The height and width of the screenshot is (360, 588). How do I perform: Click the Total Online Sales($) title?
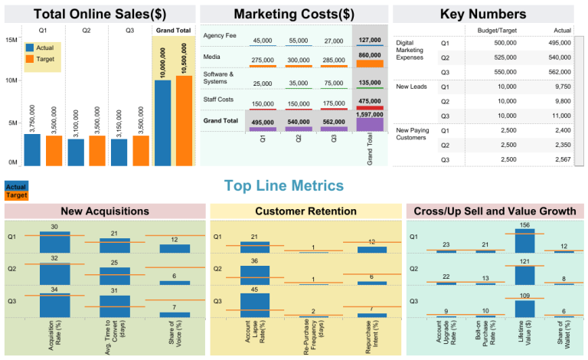(x=100, y=14)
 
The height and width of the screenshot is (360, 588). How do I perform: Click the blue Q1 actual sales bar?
(x=32, y=150)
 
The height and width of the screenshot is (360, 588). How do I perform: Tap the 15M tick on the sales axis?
(x=11, y=39)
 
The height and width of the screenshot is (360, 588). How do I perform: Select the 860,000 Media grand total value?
(x=370, y=55)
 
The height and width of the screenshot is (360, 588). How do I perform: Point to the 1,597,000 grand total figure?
(x=370, y=113)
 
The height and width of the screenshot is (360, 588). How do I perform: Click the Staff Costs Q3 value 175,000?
(x=334, y=103)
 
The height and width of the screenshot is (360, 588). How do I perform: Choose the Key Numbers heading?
(x=482, y=14)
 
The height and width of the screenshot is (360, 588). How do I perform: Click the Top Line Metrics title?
(x=284, y=185)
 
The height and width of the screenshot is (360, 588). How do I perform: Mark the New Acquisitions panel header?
(x=105, y=211)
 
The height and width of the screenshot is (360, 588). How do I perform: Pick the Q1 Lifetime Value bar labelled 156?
(x=525, y=241)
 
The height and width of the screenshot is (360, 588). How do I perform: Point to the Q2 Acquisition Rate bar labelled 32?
(x=54, y=273)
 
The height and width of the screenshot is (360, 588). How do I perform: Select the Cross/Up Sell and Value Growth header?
(x=497, y=211)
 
